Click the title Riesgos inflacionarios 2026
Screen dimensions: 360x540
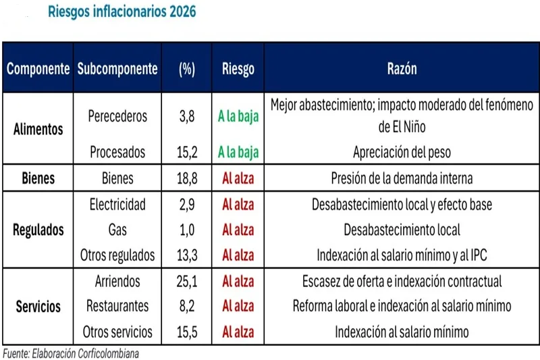tap(122, 13)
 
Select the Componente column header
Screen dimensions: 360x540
tap(38, 69)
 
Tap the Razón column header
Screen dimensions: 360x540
tap(402, 69)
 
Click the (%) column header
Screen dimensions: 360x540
tap(187, 69)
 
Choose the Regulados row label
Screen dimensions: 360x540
tap(38, 230)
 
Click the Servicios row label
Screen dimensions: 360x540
tap(38, 307)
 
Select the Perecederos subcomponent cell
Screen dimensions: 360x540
tap(117, 116)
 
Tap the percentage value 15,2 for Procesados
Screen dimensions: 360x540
tap(187, 153)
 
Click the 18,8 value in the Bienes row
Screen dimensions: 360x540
tap(187, 179)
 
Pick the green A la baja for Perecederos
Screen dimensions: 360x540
tap(238, 116)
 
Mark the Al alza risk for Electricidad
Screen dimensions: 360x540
tap(238, 204)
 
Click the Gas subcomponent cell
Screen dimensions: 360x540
tap(117, 230)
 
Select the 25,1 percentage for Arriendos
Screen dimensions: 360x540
tap(187, 281)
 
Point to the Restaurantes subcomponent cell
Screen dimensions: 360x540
tap(117, 307)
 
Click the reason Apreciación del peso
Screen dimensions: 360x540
tap(402, 153)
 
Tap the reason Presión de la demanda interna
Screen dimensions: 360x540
tap(402, 179)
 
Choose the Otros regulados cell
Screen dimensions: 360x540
tap(117, 255)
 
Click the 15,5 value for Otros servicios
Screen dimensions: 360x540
tap(187, 332)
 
